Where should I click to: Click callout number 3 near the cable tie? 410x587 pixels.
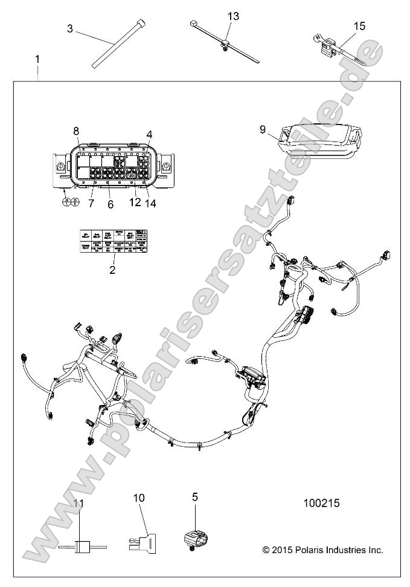pos(70,28)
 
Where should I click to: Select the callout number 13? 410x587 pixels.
pos(233,16)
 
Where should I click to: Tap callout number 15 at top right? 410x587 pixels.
pos(359,25)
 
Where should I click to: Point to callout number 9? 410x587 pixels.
pos(262,129)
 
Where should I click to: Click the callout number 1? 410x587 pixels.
pos(37,59)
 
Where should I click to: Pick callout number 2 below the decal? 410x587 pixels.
pos(112,270)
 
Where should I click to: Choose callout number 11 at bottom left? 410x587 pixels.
pos(79,503)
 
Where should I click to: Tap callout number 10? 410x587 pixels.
pos(139,498)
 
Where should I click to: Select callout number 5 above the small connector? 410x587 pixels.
pos(195,497)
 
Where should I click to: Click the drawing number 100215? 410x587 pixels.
pos(322,502)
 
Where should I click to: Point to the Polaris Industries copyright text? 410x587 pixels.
pos(322,550)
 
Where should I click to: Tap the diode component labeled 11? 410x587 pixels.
pos(80,546)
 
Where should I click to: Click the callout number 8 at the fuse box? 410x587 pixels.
pos(76,131)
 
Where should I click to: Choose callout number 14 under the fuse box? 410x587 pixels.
pos(150,204)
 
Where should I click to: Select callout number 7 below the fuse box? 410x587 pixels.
pos(92,204)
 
